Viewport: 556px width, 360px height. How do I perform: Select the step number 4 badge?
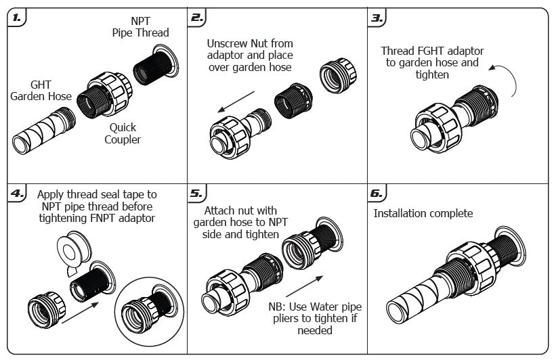pos(16,193)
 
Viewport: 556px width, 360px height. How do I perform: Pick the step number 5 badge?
pos(197,193)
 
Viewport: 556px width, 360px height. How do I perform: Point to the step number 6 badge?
pos(377,193)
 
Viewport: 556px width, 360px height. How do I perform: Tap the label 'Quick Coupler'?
pos(123,133)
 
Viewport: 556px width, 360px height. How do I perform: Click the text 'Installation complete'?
pos(423,214)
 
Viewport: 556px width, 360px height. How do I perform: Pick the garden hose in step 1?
pos(42,133)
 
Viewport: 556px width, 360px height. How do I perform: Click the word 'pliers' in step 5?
pos(293,318)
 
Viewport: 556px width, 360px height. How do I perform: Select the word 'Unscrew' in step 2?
pos(227,43)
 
